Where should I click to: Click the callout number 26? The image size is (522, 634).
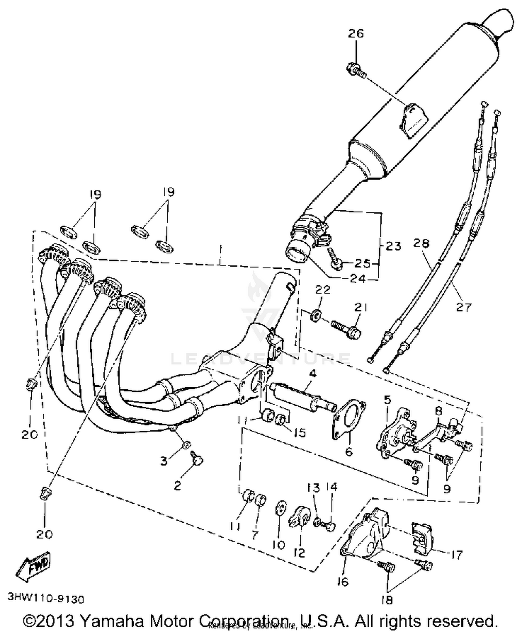(x=356, y=34)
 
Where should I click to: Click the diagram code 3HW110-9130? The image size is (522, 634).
(x=46, y=599)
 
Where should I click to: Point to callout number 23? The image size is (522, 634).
(x=393, y=246)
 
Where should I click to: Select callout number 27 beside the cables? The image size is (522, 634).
(x=464, y=307)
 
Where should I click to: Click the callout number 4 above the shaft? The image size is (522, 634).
(x=313, y=374)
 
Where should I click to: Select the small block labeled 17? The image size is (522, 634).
(x=422, y=537)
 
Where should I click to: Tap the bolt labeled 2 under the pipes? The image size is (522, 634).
(x=197, y=460)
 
